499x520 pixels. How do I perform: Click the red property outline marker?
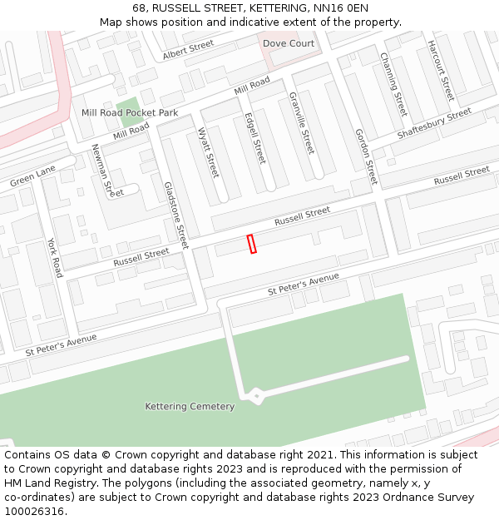252,244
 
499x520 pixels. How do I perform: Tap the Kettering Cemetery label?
190,407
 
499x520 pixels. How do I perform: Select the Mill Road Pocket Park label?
130,112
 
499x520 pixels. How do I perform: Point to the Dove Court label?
289,43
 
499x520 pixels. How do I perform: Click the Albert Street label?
188,51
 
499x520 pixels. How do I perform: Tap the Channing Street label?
393,84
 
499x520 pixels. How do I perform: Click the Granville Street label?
301,122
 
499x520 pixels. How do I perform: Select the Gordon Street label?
365,156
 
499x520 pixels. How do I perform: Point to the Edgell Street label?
255,138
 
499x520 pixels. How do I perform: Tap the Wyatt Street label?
208,152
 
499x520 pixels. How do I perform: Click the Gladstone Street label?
176,215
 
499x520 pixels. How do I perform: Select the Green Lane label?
33,176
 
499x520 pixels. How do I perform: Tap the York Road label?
55,258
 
